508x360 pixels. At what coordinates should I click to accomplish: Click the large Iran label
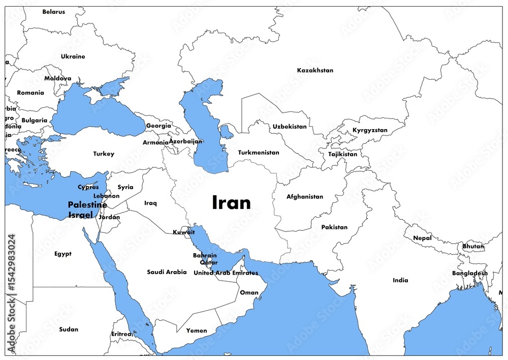tap(231, 202)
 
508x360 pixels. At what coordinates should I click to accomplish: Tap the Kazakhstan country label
tap(315, 70)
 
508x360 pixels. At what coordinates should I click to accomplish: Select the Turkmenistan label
tap(259, 153)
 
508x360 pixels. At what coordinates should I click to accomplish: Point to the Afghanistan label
tap(305, 197)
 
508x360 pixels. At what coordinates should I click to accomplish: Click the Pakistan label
tap(334, 227)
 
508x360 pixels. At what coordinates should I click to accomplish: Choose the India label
tap(400, 280)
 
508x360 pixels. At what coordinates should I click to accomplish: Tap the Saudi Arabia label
tap(167, 272)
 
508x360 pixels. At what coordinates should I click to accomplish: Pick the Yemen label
tap(197, 331)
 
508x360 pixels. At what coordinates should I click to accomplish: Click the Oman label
tap(249, 293)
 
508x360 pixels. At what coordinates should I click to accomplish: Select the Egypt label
tap(63, 254)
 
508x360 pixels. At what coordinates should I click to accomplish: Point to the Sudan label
tap(69, 329)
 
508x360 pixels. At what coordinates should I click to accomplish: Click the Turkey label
tap(104, 154)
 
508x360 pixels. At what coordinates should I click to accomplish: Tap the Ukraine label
tap(73, 56)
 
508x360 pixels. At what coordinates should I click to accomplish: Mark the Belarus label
tap(54, 12)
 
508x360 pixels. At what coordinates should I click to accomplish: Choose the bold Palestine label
tap(87, 205)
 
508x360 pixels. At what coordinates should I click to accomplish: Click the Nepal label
tap(422, 238)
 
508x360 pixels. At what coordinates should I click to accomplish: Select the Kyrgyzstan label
tap(370, 131)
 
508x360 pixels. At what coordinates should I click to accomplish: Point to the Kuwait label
tap(183, 232)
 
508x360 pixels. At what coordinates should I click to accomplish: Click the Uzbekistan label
tap(290, 127)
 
